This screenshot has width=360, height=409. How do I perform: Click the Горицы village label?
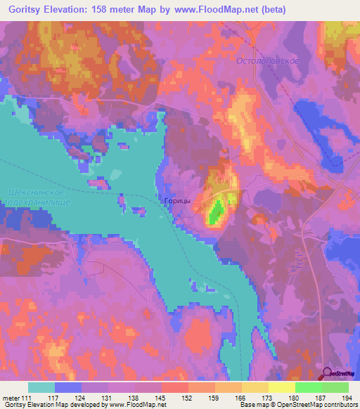[177, 200]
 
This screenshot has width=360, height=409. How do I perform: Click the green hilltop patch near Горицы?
[217, 211]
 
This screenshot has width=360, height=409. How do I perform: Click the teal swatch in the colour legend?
[41, 387]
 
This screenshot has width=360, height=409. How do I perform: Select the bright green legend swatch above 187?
[309, 387]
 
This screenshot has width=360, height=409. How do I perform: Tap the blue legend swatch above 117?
[68, 387]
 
